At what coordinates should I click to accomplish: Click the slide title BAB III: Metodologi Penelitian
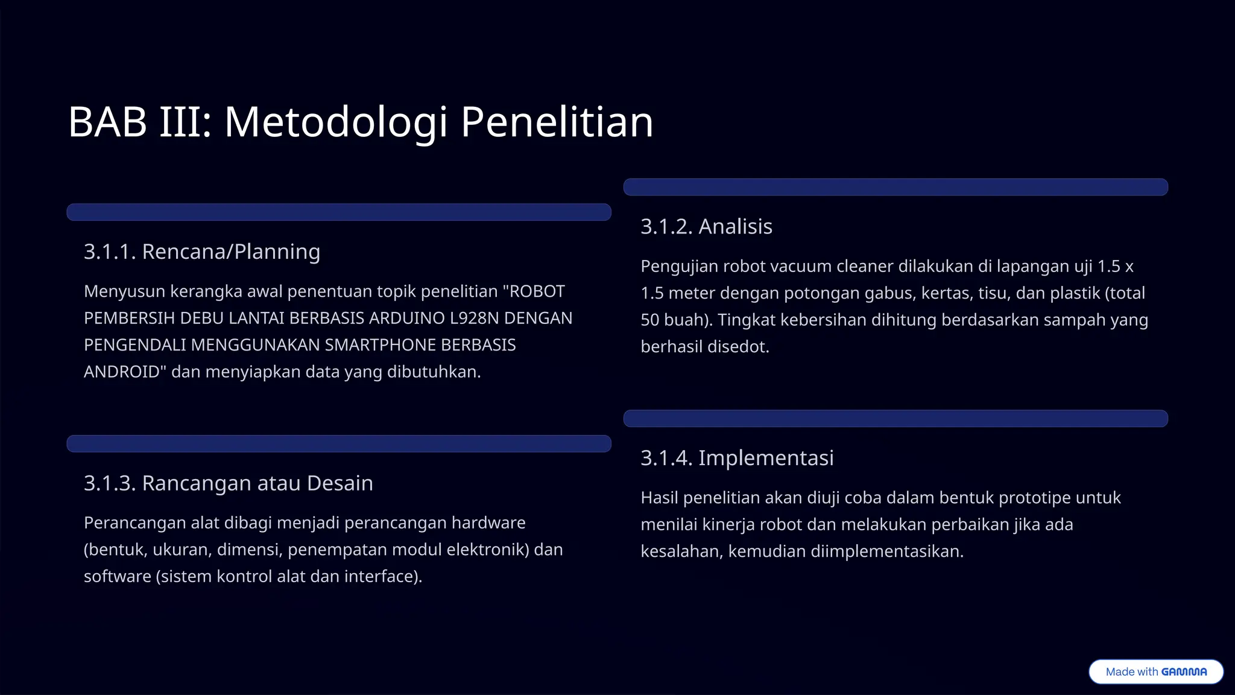click(361, 122)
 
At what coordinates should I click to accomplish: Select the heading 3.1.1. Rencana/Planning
click(202, 252)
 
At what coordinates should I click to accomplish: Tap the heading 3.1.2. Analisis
click(706, 227)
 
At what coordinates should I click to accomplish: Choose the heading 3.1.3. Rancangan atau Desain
click(229, 483)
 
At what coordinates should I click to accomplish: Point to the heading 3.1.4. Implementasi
click(737, 458)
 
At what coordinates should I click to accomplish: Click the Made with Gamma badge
click(1155, 671)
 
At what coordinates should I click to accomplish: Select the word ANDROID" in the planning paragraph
click(125, 372)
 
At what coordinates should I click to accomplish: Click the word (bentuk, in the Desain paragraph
click(115, 550)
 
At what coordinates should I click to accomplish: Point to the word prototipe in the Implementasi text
click(1035, 498)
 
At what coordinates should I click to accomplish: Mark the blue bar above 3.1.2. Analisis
click(895, 187)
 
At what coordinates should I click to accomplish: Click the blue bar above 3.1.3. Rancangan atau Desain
click(339, 443)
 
